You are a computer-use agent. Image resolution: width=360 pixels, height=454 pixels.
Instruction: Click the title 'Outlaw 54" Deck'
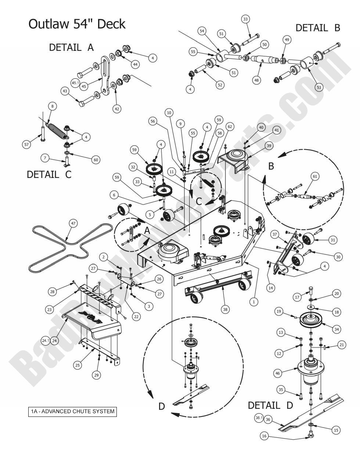pyautogui.click(x=77, y=24)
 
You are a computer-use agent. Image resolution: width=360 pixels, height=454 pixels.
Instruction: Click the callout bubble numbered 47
pyautogui.click(x=73, y=224)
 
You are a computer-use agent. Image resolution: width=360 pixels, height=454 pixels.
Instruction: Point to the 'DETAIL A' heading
pyautogui.click(x=71, y=47)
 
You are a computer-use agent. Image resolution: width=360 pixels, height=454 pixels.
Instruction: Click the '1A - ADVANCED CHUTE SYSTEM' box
pyautogui.click(x=72, y=411)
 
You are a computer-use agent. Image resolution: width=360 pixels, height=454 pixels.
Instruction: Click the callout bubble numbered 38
pyautogui.click(x=225, y=309)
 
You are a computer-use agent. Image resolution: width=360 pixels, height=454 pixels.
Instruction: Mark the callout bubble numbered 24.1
pyautogui.click(x=46, y=341)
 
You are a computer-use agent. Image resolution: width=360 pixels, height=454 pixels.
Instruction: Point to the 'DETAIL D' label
pyautogui.click(x=270, y=405)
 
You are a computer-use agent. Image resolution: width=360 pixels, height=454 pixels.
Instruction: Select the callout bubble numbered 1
pyautogui.click(x=253, y=301)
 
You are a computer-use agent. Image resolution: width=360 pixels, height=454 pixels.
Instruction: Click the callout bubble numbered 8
pyautogui.click(x=52, y=106)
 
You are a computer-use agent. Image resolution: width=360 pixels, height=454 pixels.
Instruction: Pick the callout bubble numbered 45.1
pyautogui.click(x=75, y=83)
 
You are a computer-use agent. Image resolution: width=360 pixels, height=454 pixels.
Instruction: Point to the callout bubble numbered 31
pyautogui.click(x=332, y=240)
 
